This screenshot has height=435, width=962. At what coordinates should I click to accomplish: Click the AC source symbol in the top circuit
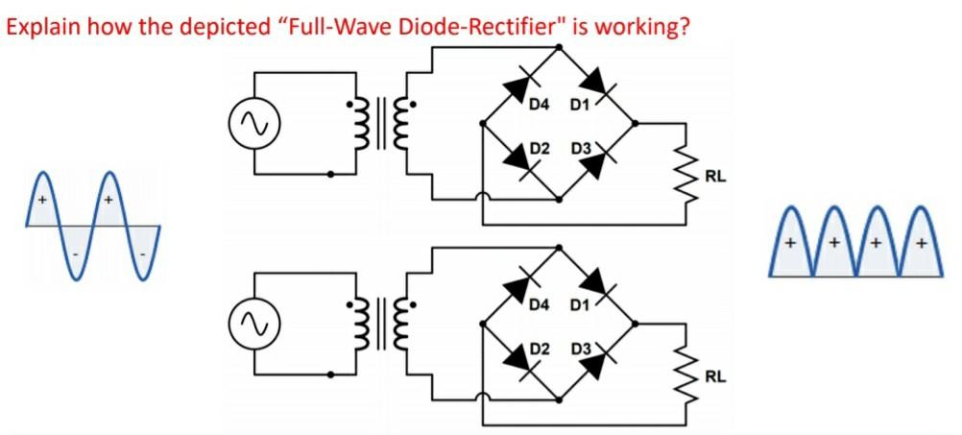[x=247, y=123]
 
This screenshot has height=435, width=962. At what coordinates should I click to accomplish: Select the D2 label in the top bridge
[x=540, y=149]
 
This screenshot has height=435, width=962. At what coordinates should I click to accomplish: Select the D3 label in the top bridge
[x=580, y=149]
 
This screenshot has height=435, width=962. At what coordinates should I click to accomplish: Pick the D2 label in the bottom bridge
[x=540, y=348]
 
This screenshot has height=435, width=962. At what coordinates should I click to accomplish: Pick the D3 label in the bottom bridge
[x=580, y=348]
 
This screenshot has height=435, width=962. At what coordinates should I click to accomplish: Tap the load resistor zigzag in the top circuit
[x=686, y=173]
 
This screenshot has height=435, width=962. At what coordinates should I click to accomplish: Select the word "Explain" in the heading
[x=36, y=24]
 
